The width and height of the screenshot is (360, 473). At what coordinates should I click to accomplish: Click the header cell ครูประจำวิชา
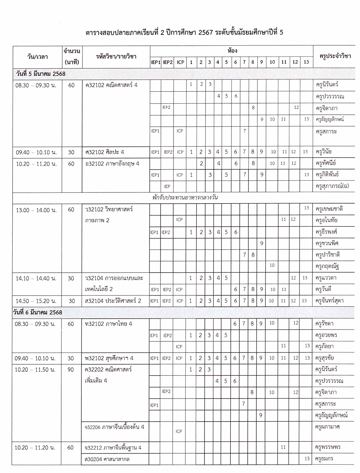point(335,56)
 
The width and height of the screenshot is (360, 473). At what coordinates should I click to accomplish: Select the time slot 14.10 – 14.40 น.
point(36,278)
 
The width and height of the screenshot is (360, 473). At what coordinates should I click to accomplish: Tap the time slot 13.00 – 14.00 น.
point(36,210)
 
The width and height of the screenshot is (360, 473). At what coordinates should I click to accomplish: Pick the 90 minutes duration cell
point(71,369)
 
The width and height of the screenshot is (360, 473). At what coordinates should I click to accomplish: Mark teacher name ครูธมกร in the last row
point(325,459)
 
